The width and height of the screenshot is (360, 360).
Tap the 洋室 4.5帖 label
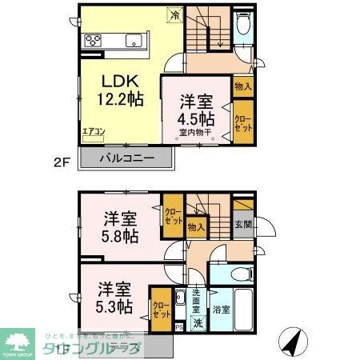tap(195, 111)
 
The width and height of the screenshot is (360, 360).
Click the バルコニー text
tap(126, 158)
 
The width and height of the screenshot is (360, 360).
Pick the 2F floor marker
tap(62, 160)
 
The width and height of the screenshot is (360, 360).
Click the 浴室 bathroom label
tap(222, 308)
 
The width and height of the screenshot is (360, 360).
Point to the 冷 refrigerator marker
tap(174, 14)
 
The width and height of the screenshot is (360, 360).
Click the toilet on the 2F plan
tap(244, 26)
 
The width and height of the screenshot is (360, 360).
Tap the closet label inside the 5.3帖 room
tap(161, 308)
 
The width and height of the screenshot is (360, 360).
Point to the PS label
tap(179, 326)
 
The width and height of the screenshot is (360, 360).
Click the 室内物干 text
tap(194, 133)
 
